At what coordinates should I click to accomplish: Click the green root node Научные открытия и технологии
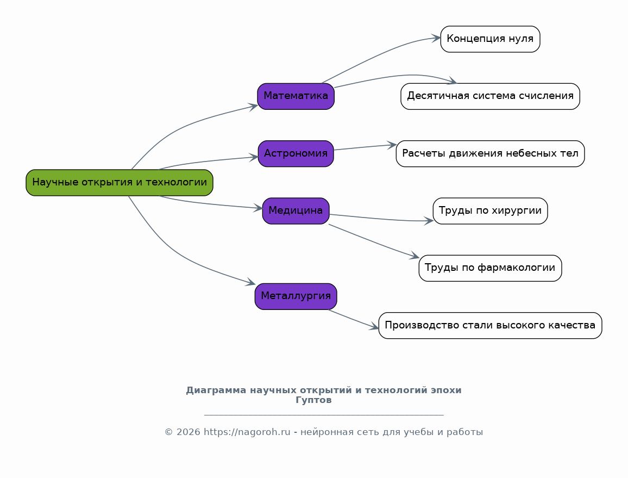tap(120, 183)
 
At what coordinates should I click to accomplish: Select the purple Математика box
tap(296, 96)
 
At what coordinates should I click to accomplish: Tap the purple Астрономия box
tap(296, 153)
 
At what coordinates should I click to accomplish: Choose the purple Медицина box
tap(296, 211)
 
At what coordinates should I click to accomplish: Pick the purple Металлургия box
tap(296, 296)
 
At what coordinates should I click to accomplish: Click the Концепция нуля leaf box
tap(490, 39)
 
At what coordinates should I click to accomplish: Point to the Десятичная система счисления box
tap(490, 96)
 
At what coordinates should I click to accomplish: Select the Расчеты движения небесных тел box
tap(490, 153)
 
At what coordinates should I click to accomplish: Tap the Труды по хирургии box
tap(490, 211)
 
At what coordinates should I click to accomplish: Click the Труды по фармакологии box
tap(490, 268)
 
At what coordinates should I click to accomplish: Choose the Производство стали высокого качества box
tap(490, 326)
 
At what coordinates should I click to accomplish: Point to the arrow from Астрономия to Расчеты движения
tap(365, 147)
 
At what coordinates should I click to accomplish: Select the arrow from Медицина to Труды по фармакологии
tap(374, 241)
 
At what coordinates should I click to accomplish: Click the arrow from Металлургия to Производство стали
tap(354, 320)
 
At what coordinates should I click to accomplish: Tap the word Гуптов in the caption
tap(313, 400)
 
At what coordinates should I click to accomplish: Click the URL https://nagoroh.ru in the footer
tap(247, 432)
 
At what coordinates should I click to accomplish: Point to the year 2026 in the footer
tap(189, 432)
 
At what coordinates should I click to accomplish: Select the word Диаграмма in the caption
tap(216, 390)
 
